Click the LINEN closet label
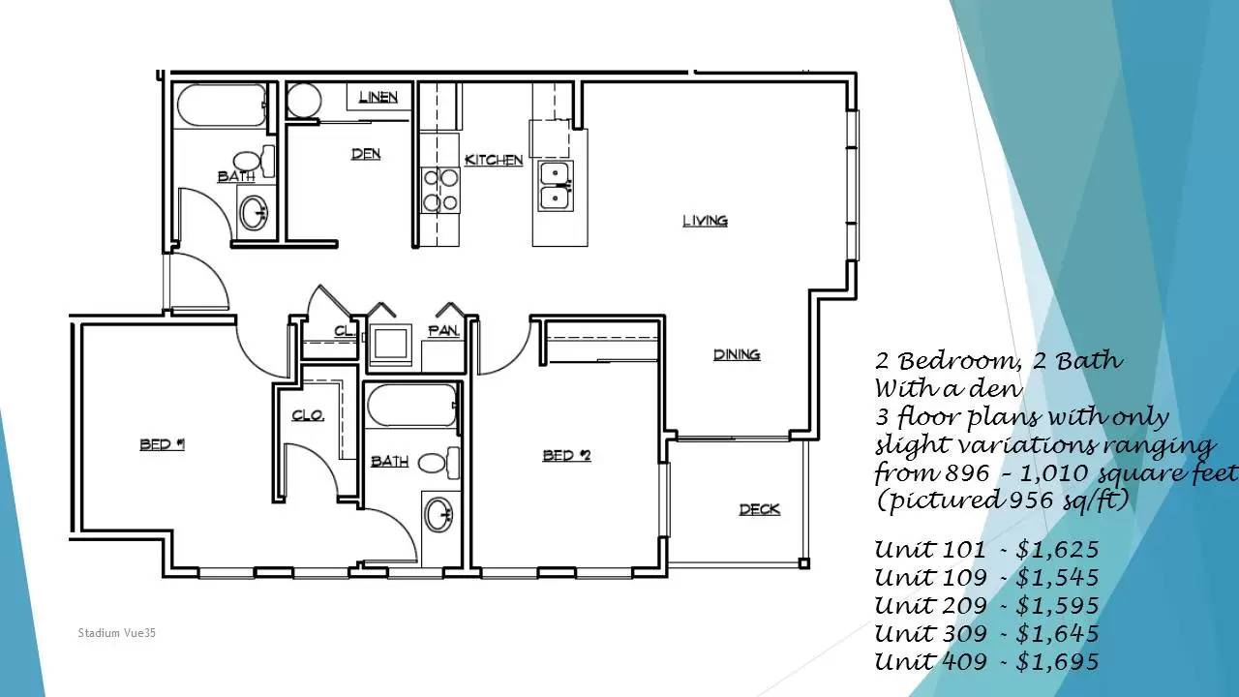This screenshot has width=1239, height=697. tap(378, 98)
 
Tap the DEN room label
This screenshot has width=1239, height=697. tap(366, 154)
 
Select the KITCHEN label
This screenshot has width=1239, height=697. tap(494, 160)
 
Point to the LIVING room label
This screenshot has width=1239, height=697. tap(706, 221)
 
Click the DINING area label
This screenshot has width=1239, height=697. tap(737, 354)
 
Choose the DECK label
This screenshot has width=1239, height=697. tap(760, 509)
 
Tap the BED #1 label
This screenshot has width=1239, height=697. tap(162, 444)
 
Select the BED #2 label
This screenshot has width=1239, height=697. tap(567, 455)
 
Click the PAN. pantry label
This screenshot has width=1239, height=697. tap(443, 331)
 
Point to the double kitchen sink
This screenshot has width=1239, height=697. tap(556, 187)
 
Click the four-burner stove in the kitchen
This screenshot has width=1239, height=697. tap(440, 191)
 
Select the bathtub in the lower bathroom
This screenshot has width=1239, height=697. tap(412, 406)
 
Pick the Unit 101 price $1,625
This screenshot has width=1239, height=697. tap(1057, 549)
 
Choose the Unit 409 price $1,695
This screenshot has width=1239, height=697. tap(1057, 661)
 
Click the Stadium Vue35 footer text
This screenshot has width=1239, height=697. tap(117, 633)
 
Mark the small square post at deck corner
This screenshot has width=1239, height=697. tap(804, 563)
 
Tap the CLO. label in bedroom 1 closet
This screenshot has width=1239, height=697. tap(308, 415)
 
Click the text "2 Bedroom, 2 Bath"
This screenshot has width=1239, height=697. tap(999, 361)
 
